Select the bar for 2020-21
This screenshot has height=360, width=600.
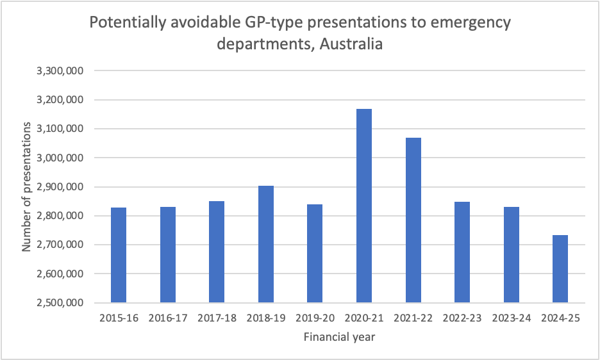[x=364, y=206]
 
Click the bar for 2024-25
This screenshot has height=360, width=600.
[x=560, y=268]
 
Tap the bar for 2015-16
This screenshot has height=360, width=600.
[x=119, y=255]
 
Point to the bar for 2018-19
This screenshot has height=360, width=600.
[x=266, y=244]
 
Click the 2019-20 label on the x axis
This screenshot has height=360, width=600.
[x=315, y=318]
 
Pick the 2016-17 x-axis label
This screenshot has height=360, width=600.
[x=168, y=318]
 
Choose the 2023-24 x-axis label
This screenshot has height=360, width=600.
[x=511, y=318]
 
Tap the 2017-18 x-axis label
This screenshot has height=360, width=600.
[x=217, y=318]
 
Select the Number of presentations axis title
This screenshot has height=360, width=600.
[x=28, y=186]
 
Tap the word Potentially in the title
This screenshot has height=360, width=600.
[x=126, y=24]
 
